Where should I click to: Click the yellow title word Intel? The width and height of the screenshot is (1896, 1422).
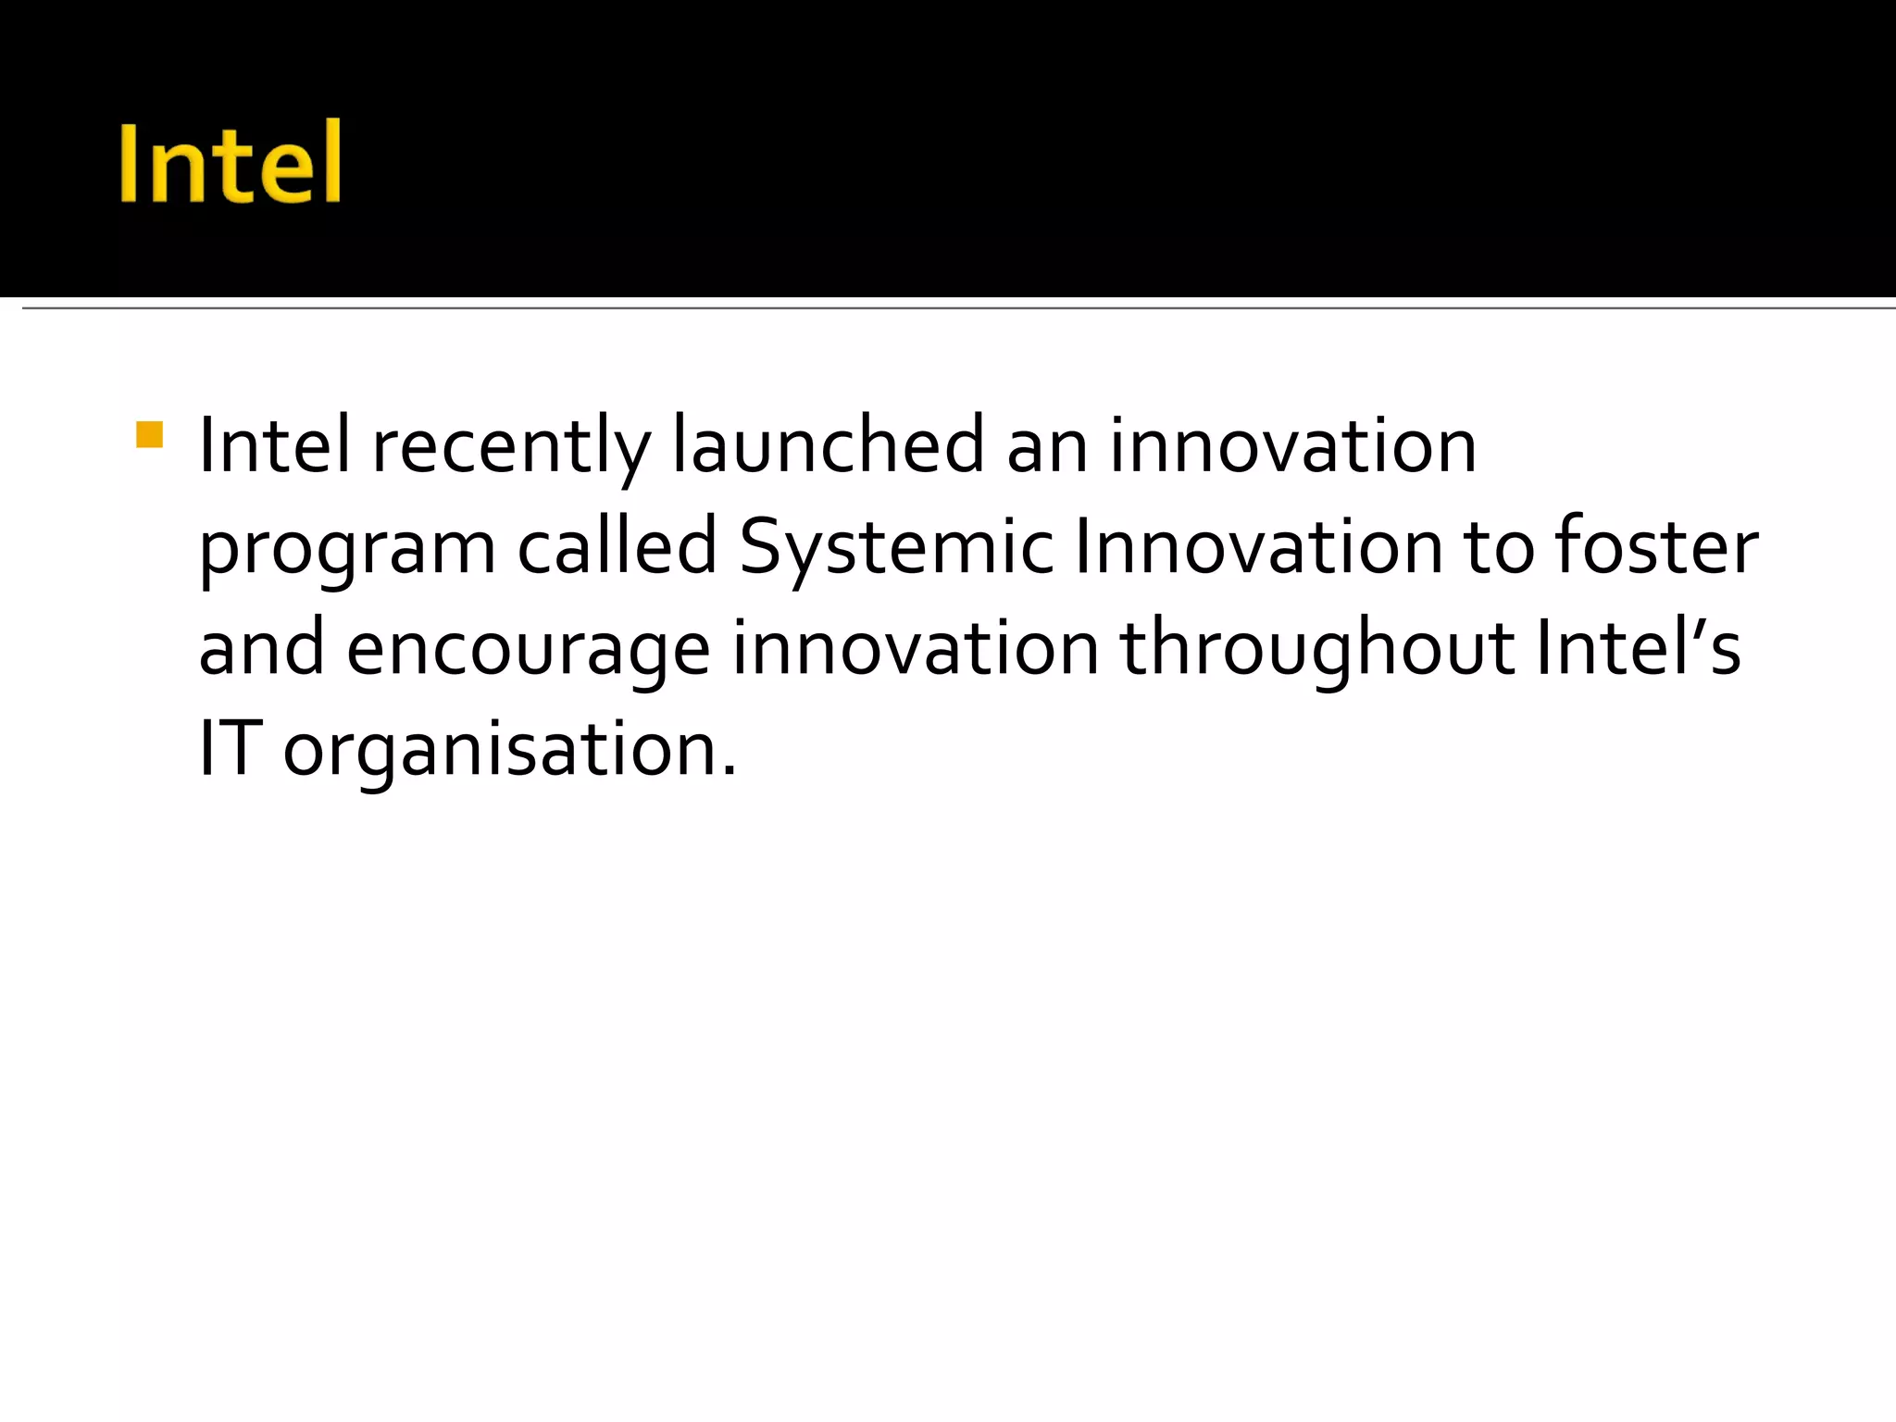click(231, 163)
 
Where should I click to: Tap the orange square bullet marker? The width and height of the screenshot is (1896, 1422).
click(149, 435)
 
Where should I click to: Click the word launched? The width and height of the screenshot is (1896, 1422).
click(828, 446)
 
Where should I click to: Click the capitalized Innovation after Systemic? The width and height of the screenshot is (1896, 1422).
click(1258, 548)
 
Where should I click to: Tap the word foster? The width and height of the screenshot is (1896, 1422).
click(1656, 548)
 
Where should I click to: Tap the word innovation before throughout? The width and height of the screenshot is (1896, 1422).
click(916, 648)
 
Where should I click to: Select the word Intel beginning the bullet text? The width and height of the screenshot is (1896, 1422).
click(275, 446)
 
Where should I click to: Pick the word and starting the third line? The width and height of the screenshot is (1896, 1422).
click(262, 648)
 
